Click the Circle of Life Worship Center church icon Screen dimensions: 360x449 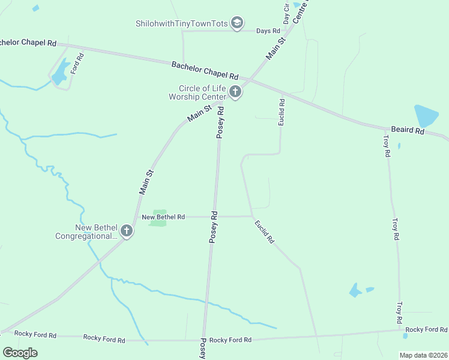235,92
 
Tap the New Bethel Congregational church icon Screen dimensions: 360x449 126,230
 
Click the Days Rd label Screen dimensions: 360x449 268,31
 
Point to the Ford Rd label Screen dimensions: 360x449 77,64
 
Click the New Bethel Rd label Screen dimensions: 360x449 163,217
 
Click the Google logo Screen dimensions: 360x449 20,352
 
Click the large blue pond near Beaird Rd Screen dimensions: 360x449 426,115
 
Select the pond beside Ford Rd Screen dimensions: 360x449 59,76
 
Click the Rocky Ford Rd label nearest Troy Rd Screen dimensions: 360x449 426,329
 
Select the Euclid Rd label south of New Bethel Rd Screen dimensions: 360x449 264,232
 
